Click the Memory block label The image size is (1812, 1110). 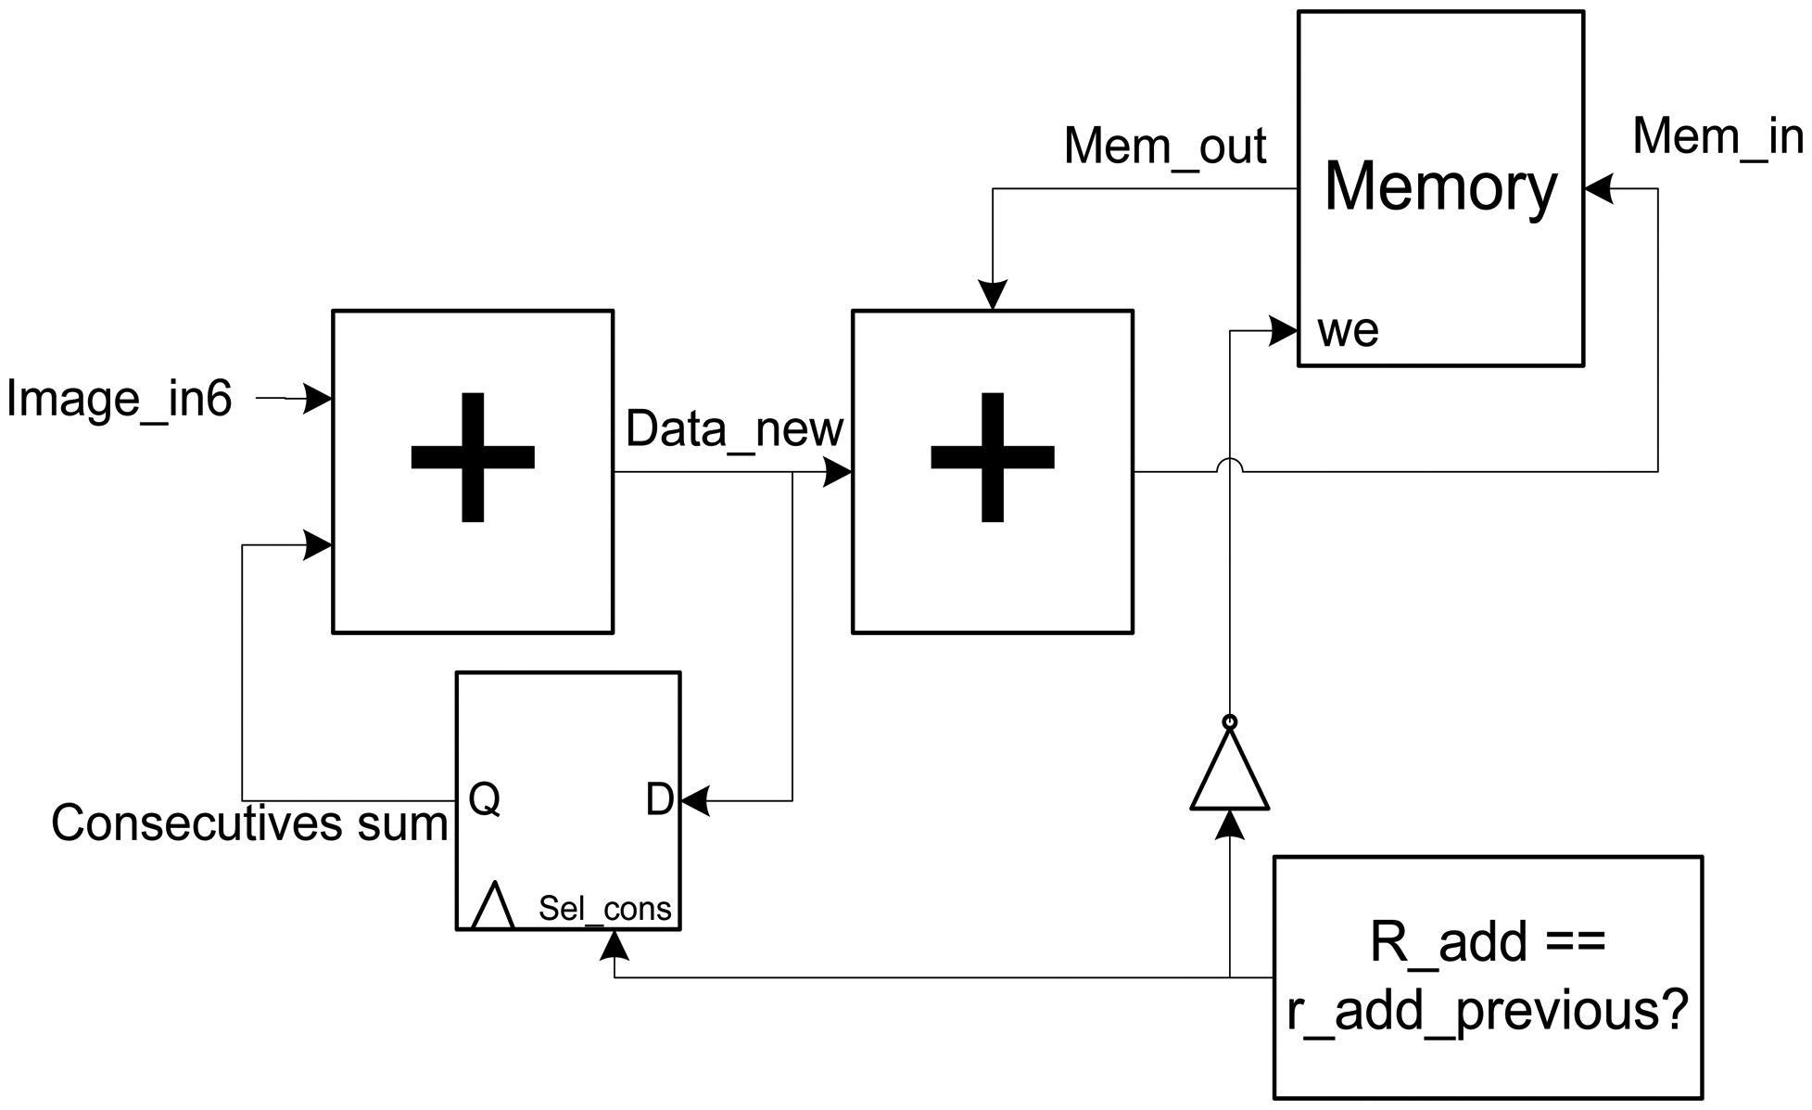coord(1440,187)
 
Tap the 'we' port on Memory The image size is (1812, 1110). coord(1348,331)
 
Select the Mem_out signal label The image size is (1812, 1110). coord(1164,147)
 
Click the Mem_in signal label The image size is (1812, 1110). coord(1717,136)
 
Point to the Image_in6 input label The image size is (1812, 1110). coord(119,400)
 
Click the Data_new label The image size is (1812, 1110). coord(734,429)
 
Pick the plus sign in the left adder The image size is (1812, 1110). coord(473,457)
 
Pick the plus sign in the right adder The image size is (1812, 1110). coord(992,457)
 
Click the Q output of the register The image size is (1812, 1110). coord(484,798)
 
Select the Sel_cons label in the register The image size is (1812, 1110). coord(604,909)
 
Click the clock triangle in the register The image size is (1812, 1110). coord(492,906)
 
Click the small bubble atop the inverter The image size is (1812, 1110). coord(1229,721)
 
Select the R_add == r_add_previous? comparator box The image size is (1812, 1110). coord(1487,976)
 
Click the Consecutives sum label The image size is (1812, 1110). coord(248,823)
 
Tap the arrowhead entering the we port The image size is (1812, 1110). coord(1285,330)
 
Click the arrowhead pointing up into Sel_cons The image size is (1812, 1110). coord(615,944)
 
